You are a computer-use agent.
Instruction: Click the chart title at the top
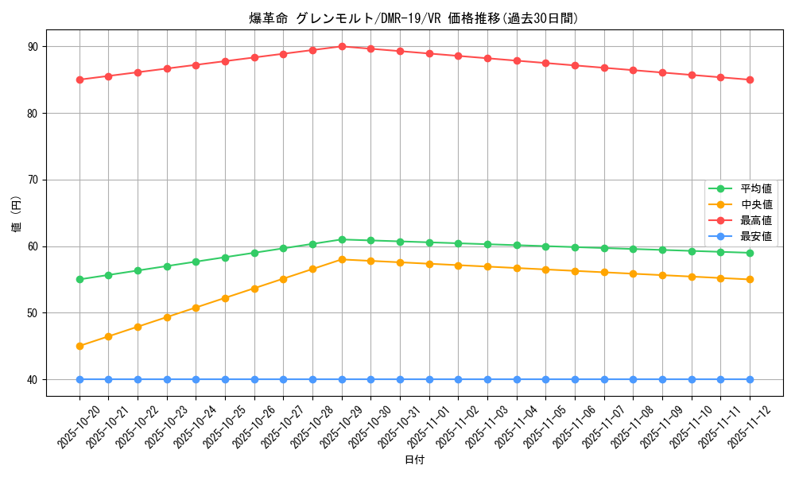(x=413, y=18)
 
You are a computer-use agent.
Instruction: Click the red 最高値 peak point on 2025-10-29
(x=342, y=46)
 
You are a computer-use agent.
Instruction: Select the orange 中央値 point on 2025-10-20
(x=79, y=346)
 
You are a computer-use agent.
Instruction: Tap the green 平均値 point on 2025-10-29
(x=342, y=239)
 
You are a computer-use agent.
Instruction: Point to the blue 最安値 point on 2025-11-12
(x=750, y=379)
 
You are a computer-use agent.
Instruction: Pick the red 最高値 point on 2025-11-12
(x=750, y=79)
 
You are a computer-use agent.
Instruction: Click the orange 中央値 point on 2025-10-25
(x=225, y=298)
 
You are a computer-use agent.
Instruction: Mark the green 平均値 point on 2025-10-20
(x=79, y=279)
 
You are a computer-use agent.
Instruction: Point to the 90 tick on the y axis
(x=33, y=46)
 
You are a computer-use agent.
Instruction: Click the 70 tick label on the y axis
(x=33, y=180)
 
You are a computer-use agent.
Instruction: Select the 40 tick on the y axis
(x=33, y=379)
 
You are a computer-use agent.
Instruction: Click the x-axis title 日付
(x=414, y=460)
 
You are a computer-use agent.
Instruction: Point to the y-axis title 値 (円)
(x=17, y=213)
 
